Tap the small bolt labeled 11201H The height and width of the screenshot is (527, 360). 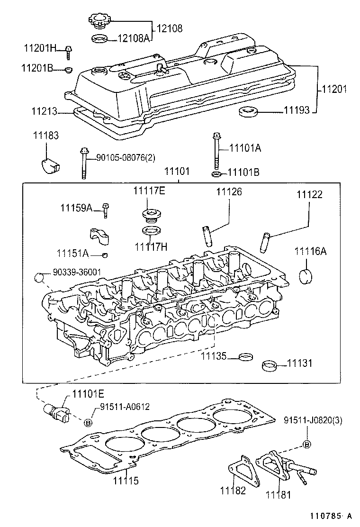pos(68,52)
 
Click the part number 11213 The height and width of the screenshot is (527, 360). pos(45,112)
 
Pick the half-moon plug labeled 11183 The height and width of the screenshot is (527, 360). pos(48,164)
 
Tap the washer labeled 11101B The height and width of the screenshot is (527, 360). pos(216,174)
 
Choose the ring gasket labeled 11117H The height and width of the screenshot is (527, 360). pos(150,232)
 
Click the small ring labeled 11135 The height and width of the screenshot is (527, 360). pos(245,356)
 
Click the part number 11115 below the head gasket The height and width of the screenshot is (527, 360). pos(126,481)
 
